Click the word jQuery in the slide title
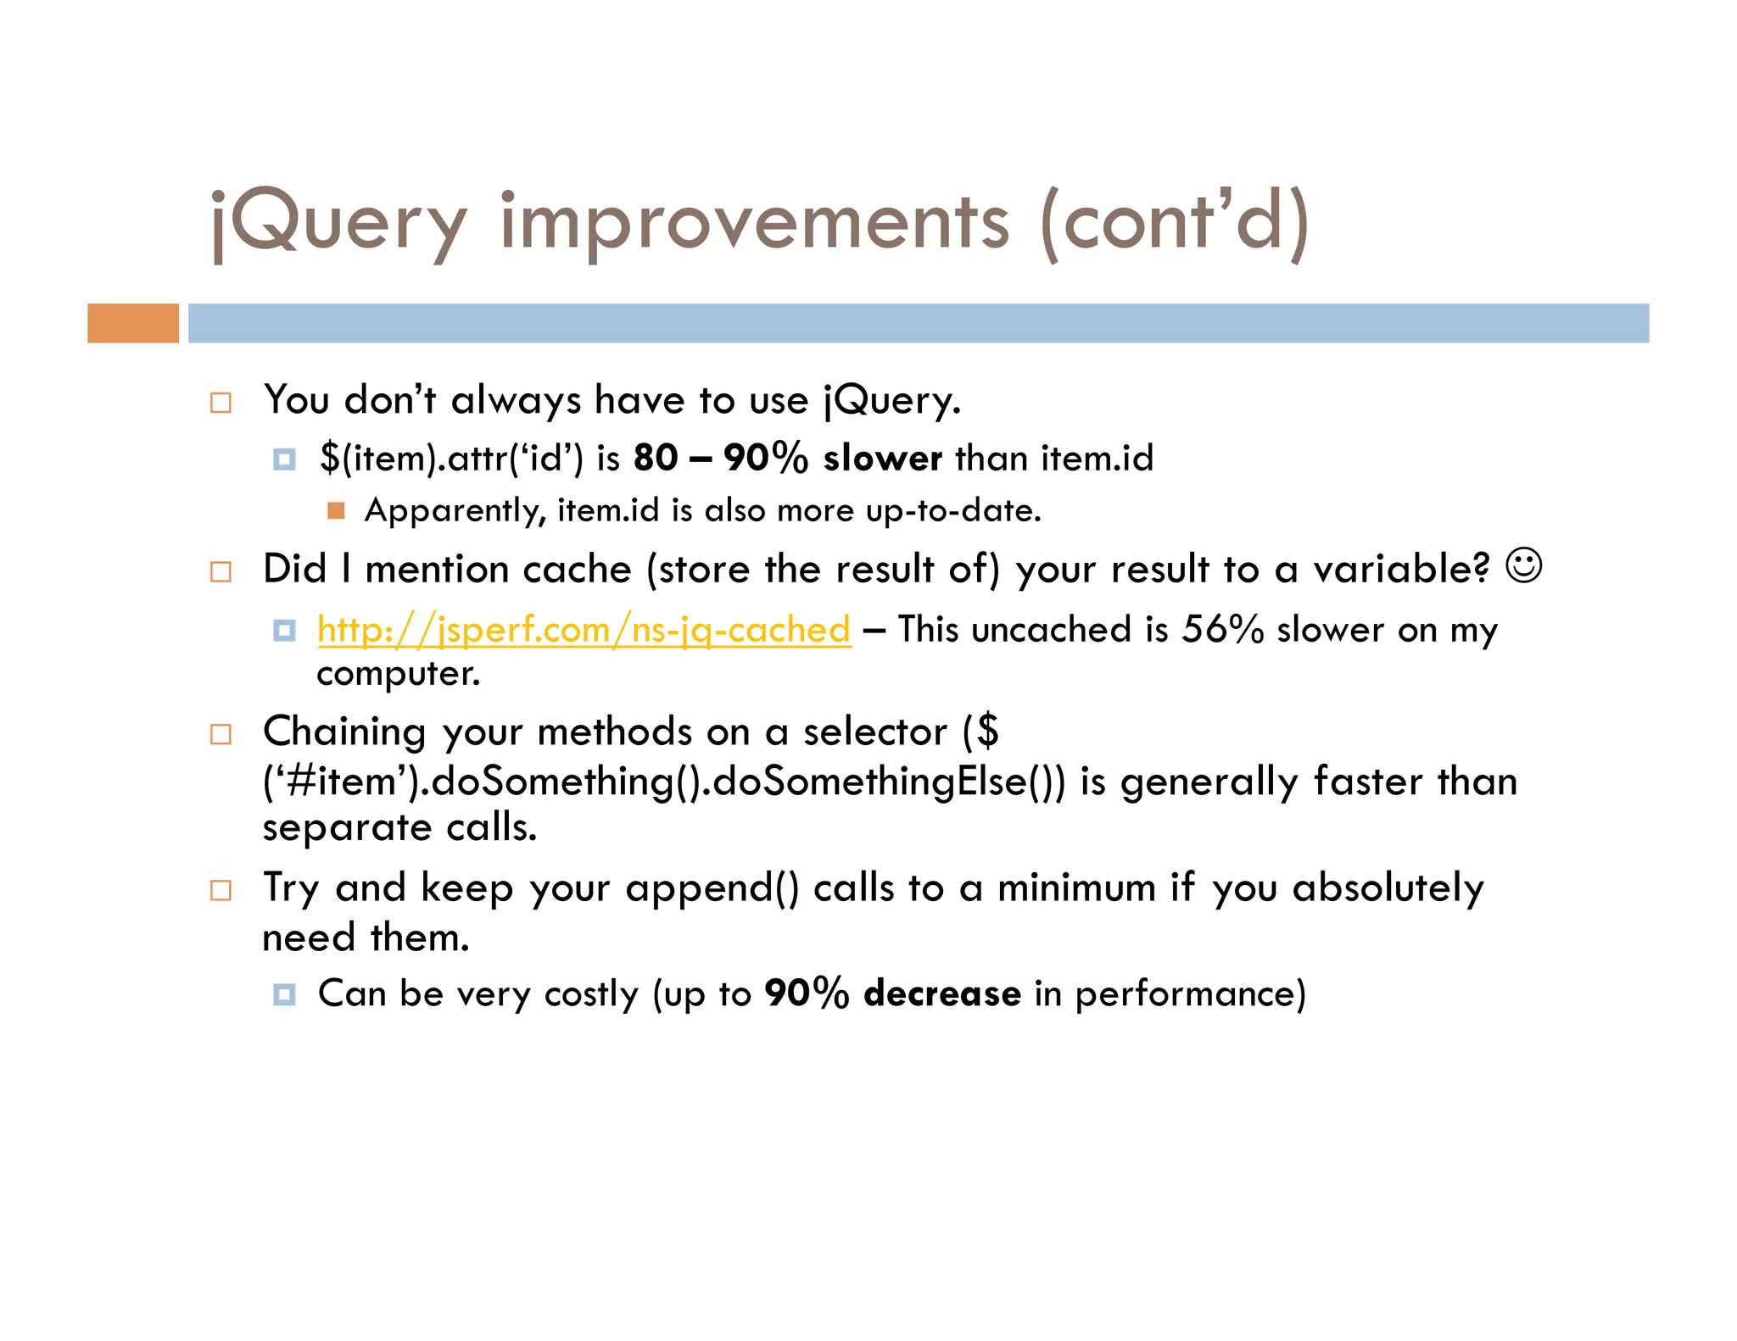(x=338, y=223)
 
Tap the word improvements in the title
(x=754, y=223)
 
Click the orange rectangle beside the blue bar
(x=133, y=323)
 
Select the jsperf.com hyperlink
(x=584, y=630)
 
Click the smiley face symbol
(x=1523, y=565)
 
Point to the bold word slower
(x=882, y=458)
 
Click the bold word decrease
(x=941, y=993)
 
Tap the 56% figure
(x=1222, y=630)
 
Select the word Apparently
(x=455, y=510)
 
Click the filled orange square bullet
(x=336, y=510)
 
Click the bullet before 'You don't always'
(x=221, y=403)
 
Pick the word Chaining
(x=343, y=732)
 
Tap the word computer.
(x=398, y=674)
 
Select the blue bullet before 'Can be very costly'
(x=284, y=994)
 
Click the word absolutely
(x=1388, y=888)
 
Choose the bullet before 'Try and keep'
(x=221, y=890)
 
